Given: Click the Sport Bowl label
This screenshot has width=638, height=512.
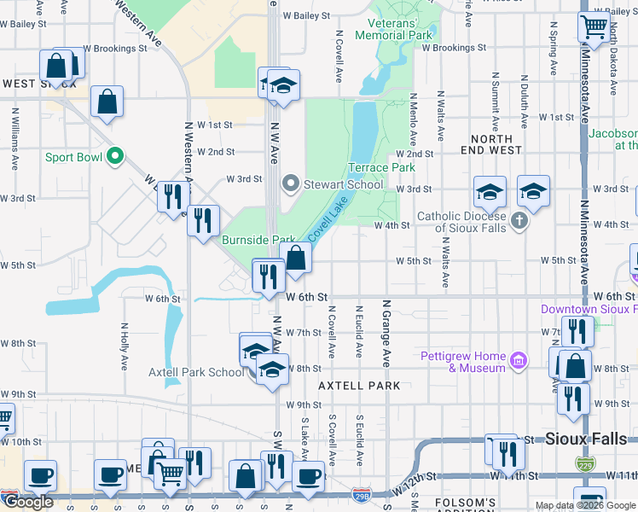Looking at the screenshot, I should coord(73,157).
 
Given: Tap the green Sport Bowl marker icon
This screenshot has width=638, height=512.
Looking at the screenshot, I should coord(113,157).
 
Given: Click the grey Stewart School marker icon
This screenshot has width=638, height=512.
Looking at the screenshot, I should coord(292,183).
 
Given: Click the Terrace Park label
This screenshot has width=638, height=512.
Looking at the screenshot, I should coord(381,168).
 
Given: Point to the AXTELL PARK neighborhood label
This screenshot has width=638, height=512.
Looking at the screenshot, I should coord(359,386).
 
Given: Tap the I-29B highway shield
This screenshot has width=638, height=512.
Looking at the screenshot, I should coord(362,494).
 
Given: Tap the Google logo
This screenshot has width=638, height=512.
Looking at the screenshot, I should coord(28,502).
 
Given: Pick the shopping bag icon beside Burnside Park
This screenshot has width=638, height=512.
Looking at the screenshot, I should coord(296,258).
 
